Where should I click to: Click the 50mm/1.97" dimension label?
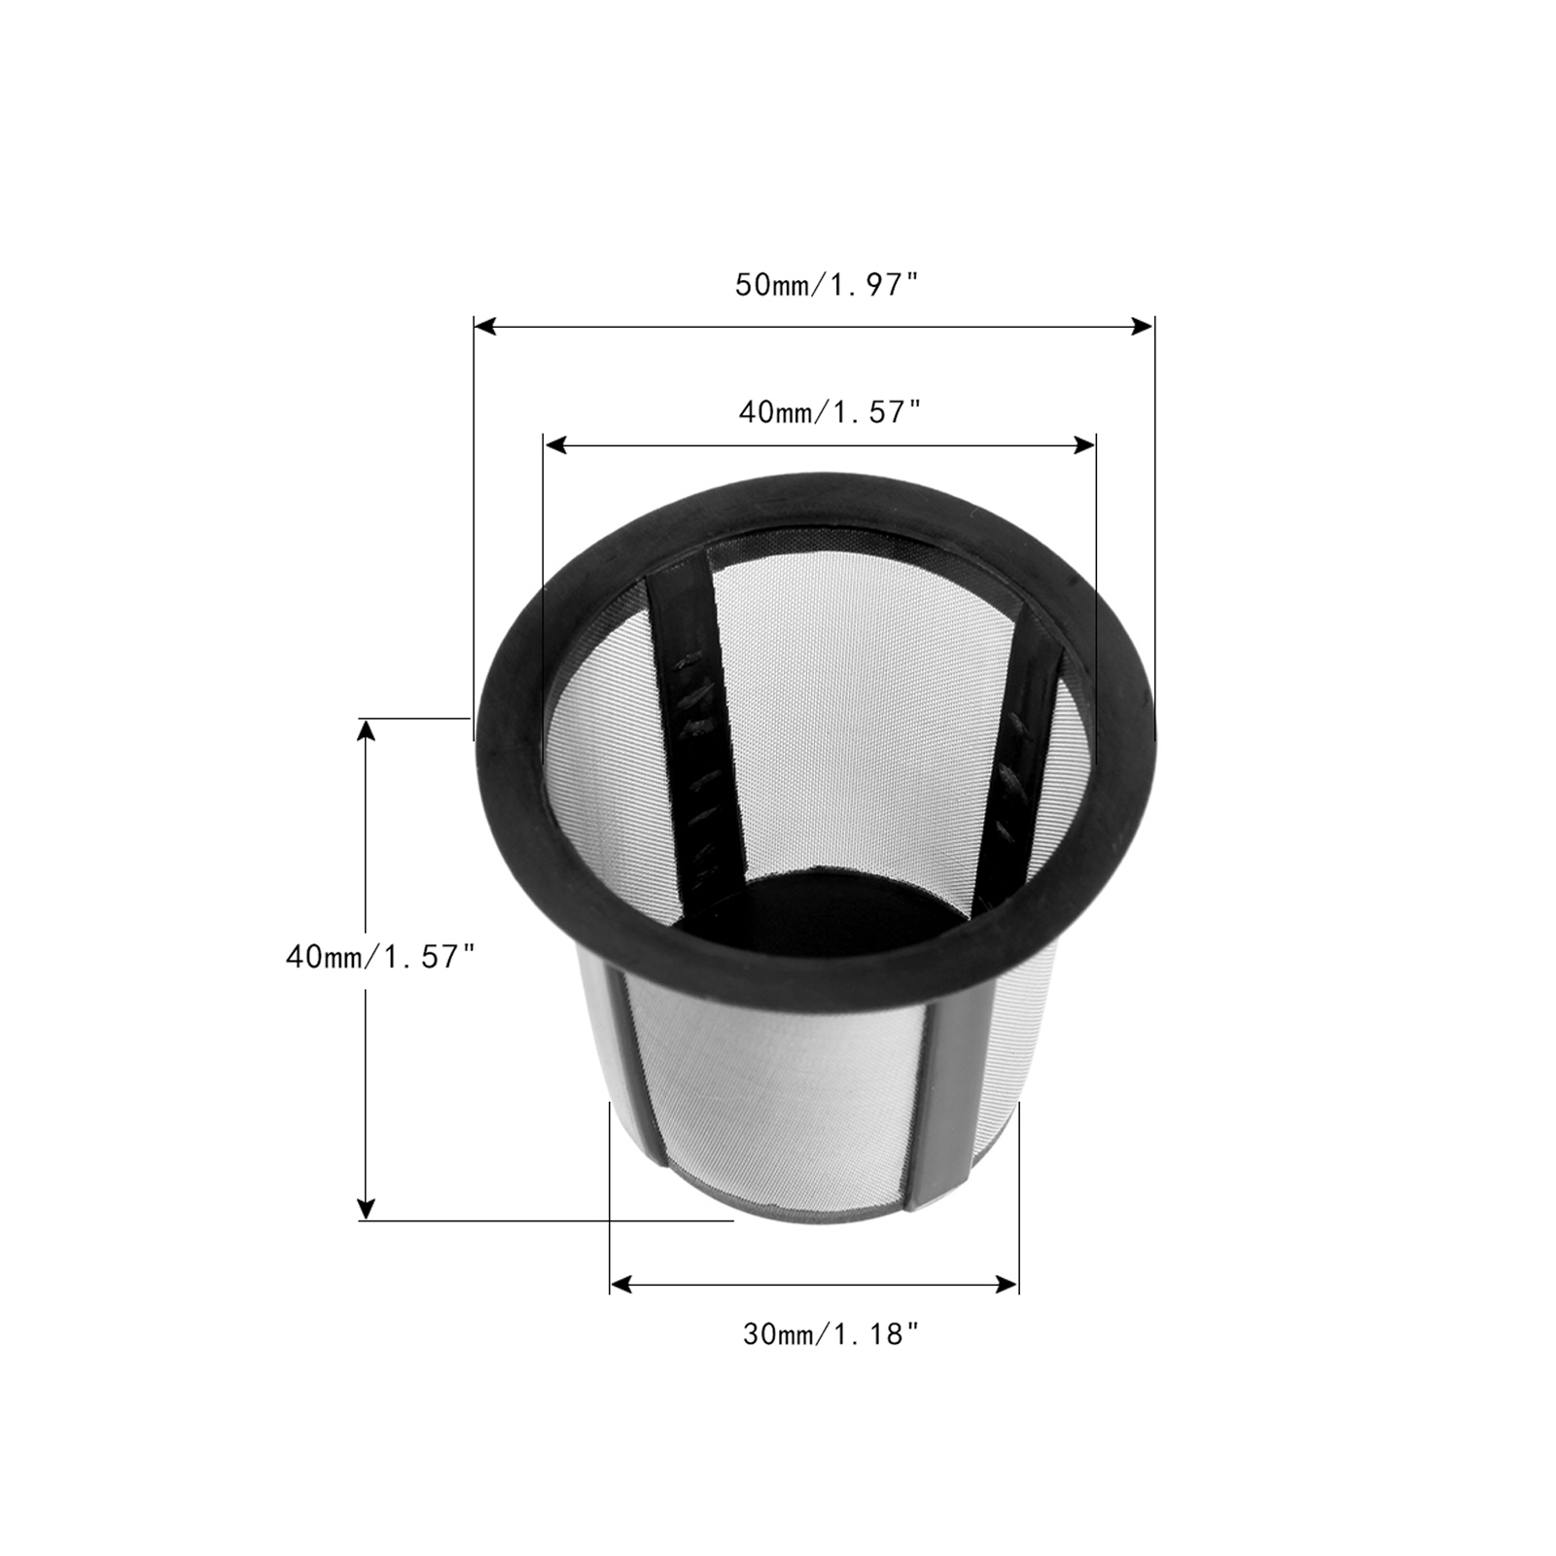tap(827, 285)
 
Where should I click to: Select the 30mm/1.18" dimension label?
tap(831, 1334)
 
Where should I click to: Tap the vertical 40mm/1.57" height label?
tap(380, 956)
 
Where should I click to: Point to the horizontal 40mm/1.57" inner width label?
tap(830, 412)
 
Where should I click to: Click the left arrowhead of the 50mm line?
tap(485, 327)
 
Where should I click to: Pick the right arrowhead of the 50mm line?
tap(1142, 327)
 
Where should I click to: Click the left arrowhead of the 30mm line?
tap(621, 1285)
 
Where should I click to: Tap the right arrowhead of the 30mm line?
tap(1007, 1285)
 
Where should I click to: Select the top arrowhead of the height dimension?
tap(366, 730)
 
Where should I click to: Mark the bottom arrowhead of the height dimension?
tap(366, 1208)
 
